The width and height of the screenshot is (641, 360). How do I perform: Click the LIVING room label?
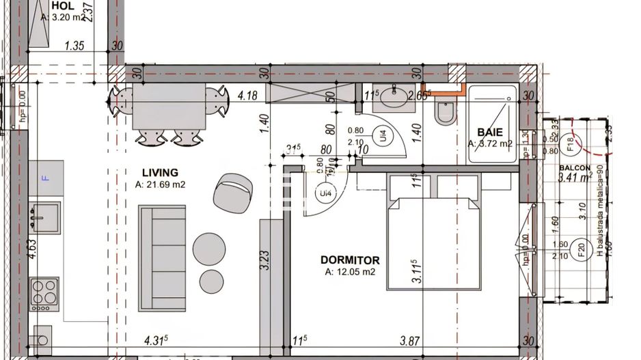tap(160, 173)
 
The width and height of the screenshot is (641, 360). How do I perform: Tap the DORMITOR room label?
tap(349, 260)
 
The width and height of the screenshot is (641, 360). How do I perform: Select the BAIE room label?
tap(489, 132)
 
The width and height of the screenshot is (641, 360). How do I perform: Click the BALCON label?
tap(574, 167)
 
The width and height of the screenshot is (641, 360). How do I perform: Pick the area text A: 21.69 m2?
tap(160, 184)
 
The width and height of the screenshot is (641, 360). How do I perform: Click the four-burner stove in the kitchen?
tap(44, 292)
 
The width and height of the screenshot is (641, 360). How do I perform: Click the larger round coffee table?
tap(209, 248)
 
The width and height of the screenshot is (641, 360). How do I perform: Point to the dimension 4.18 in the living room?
tap(247, 96)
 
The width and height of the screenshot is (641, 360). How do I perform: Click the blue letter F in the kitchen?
tap(46, 178)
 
